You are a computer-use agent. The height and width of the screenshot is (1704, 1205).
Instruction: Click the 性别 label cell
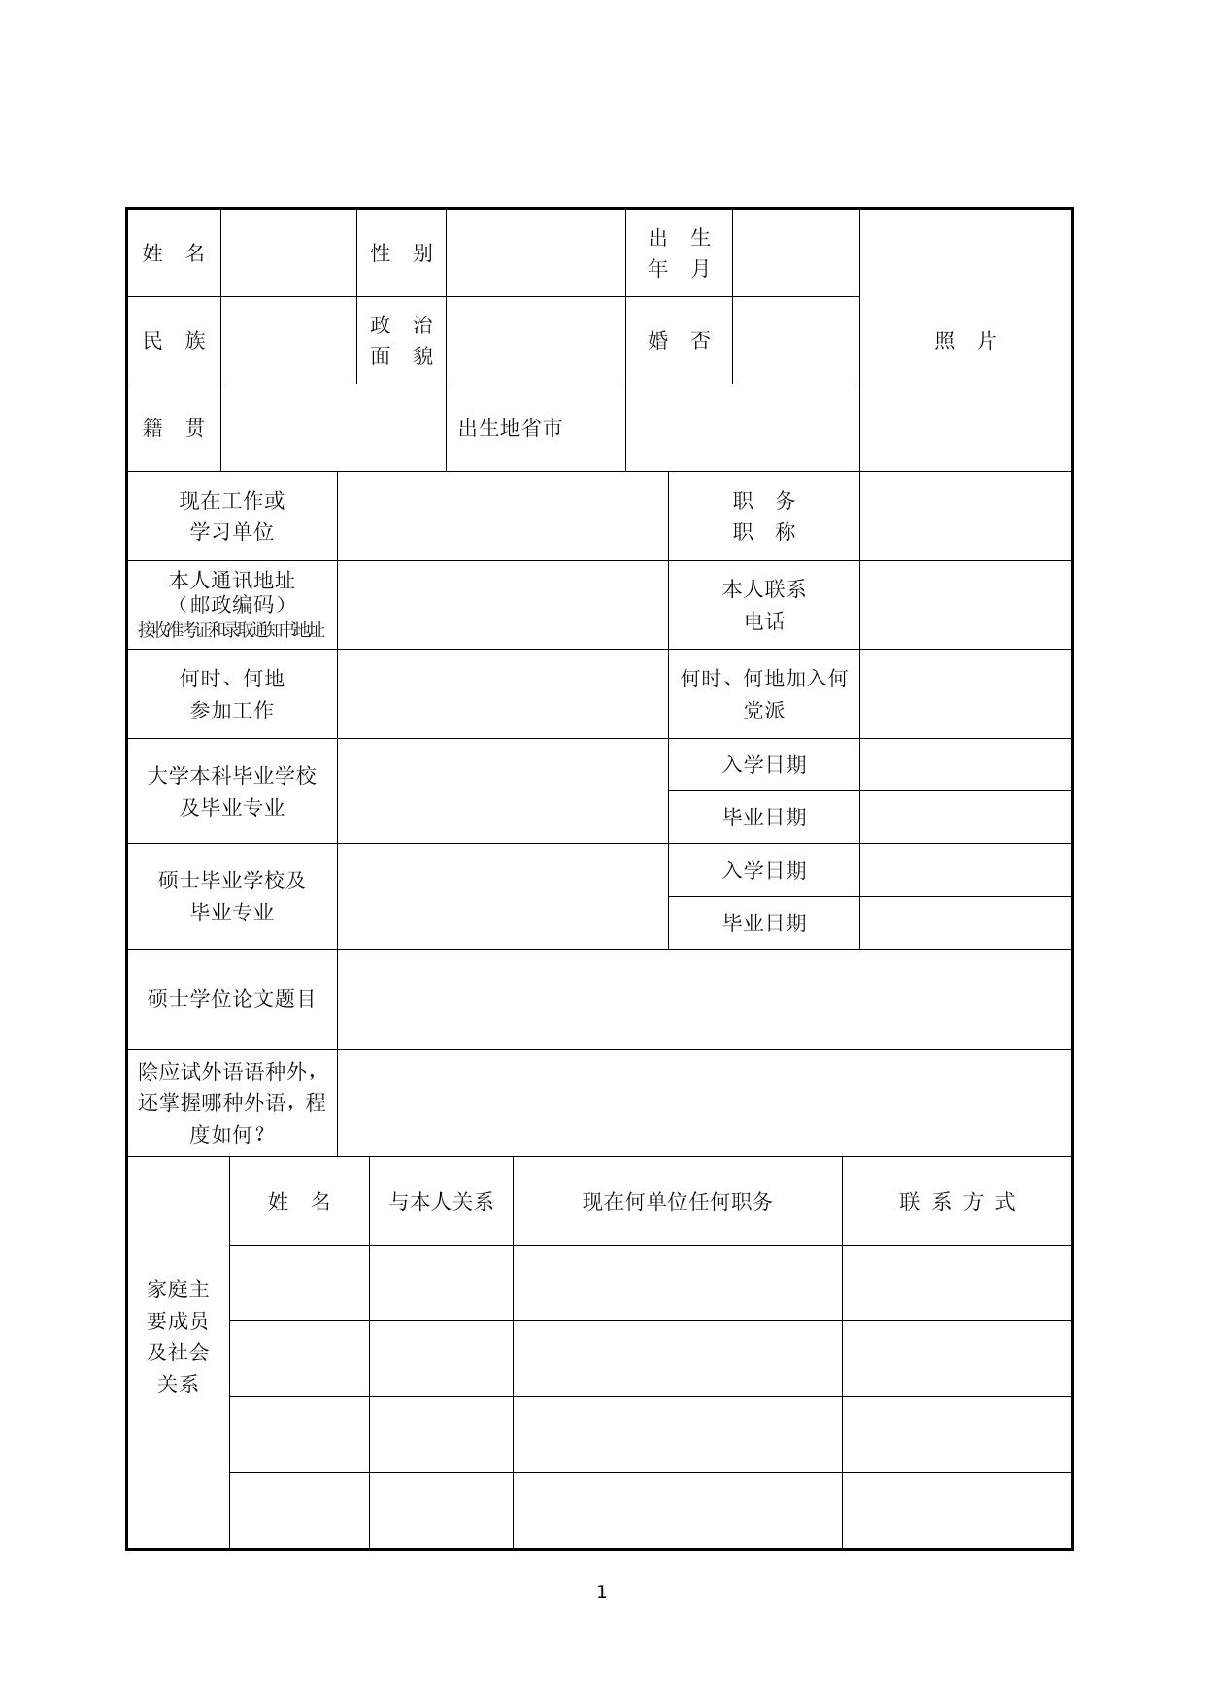401,253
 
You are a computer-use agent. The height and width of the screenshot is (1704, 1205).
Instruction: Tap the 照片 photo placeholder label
965,341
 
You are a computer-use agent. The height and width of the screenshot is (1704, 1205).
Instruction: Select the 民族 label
174,341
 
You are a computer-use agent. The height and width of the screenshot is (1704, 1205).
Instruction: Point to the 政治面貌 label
401,341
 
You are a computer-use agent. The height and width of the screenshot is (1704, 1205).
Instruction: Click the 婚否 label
679,341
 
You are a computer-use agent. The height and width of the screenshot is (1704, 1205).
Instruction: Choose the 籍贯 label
174,428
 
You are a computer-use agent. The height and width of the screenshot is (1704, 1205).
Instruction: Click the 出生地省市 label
511,428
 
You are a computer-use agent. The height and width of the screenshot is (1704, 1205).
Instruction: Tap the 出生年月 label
679,253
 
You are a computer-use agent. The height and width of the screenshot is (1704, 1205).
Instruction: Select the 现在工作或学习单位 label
232,517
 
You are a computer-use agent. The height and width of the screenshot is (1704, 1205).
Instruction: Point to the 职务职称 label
764,517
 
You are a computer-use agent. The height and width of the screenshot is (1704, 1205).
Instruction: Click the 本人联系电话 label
764,605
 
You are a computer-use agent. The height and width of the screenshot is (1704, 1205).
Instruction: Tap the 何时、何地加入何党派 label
764,694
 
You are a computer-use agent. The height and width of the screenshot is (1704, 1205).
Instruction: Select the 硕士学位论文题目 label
232,999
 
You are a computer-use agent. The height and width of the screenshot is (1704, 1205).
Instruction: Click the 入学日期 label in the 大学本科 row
764,765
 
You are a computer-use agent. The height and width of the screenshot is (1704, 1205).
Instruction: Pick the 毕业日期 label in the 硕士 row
764,923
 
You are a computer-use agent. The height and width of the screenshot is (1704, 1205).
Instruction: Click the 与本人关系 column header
441,1202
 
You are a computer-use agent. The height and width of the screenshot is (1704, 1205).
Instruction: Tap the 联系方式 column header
956,1202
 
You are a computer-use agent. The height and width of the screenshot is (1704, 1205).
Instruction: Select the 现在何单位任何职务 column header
677,1202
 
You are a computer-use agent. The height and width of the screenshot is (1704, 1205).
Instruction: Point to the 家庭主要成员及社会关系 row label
179,1337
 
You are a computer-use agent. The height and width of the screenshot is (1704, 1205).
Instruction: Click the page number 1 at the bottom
601,1592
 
